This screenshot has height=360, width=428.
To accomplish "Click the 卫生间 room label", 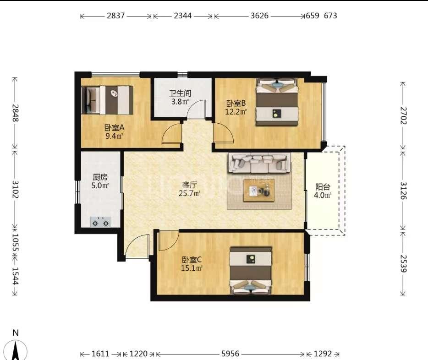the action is click(x=180, y=93).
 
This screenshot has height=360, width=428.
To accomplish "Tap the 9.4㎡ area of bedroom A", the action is click(x=115, y=136).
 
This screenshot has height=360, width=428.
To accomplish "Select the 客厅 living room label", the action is click(x=189, y=185).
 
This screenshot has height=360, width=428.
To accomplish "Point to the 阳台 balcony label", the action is click(x=323, y=187).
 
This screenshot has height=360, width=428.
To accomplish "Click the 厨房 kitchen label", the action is click(x=100, y=177).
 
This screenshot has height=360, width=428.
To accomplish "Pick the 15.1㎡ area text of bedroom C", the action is click(x=192, y=268).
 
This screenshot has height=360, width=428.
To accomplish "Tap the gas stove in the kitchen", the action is click(x=100, y=222).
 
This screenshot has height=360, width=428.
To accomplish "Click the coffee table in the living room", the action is click(x=259, y=191).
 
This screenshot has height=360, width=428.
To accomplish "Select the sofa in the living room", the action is click(x=259, y=163).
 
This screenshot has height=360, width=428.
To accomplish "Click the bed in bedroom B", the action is click(x=277, y=102).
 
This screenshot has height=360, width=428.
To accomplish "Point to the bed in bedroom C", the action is click(x=251, y=271).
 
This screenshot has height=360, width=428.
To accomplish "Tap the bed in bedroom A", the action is click(x=107, y=100).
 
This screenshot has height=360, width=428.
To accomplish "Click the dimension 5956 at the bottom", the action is click(x=230, y=354).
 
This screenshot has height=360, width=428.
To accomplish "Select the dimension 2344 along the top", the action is click(x=182, y=16).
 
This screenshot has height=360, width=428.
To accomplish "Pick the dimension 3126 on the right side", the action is click(x=403, y=191).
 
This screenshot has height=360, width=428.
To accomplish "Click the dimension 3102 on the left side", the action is click(x=15, y=190).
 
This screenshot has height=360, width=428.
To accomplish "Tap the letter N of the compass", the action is click(x=16, y=333).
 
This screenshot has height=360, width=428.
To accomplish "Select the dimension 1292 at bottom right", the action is click(x=323, y=354).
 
